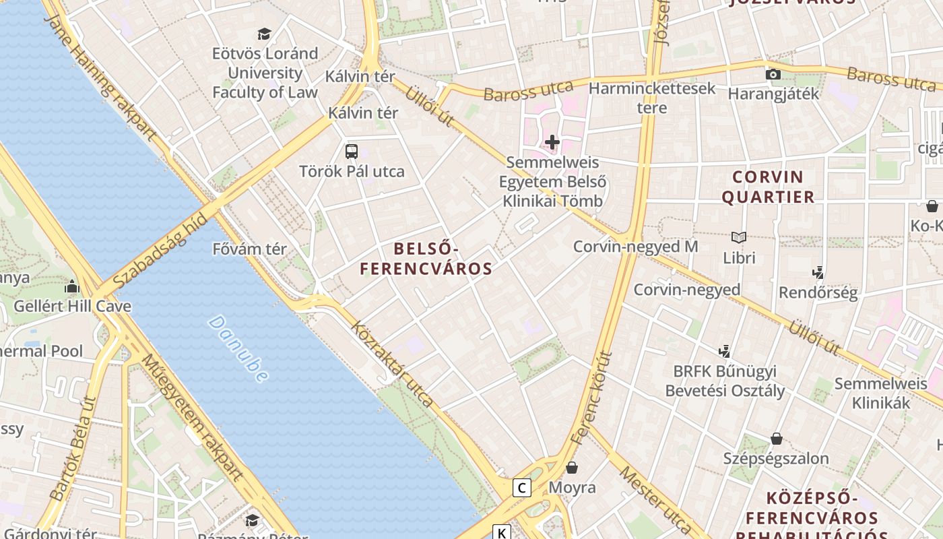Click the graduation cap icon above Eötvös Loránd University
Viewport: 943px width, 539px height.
coord(264,34)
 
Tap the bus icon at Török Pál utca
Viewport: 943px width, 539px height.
coord(352,152)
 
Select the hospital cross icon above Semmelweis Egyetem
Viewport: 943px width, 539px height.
coord(552,142)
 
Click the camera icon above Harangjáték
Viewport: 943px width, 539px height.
coord(773,74)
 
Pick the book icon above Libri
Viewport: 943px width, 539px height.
coord(739,237)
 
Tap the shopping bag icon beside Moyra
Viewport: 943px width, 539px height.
coord(572,467)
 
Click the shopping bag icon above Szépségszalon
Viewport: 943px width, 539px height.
coord(777,439)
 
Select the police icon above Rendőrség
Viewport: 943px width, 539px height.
coord(818,273)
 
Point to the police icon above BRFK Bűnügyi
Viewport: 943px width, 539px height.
coord(725,351)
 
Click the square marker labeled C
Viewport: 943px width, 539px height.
coord(521,487)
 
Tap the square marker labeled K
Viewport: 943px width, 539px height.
coord(502,533)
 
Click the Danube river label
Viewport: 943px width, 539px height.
coord(238,348)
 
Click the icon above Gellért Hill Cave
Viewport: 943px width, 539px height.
coord(72,286)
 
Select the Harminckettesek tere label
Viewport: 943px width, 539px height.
coord(652,98)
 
